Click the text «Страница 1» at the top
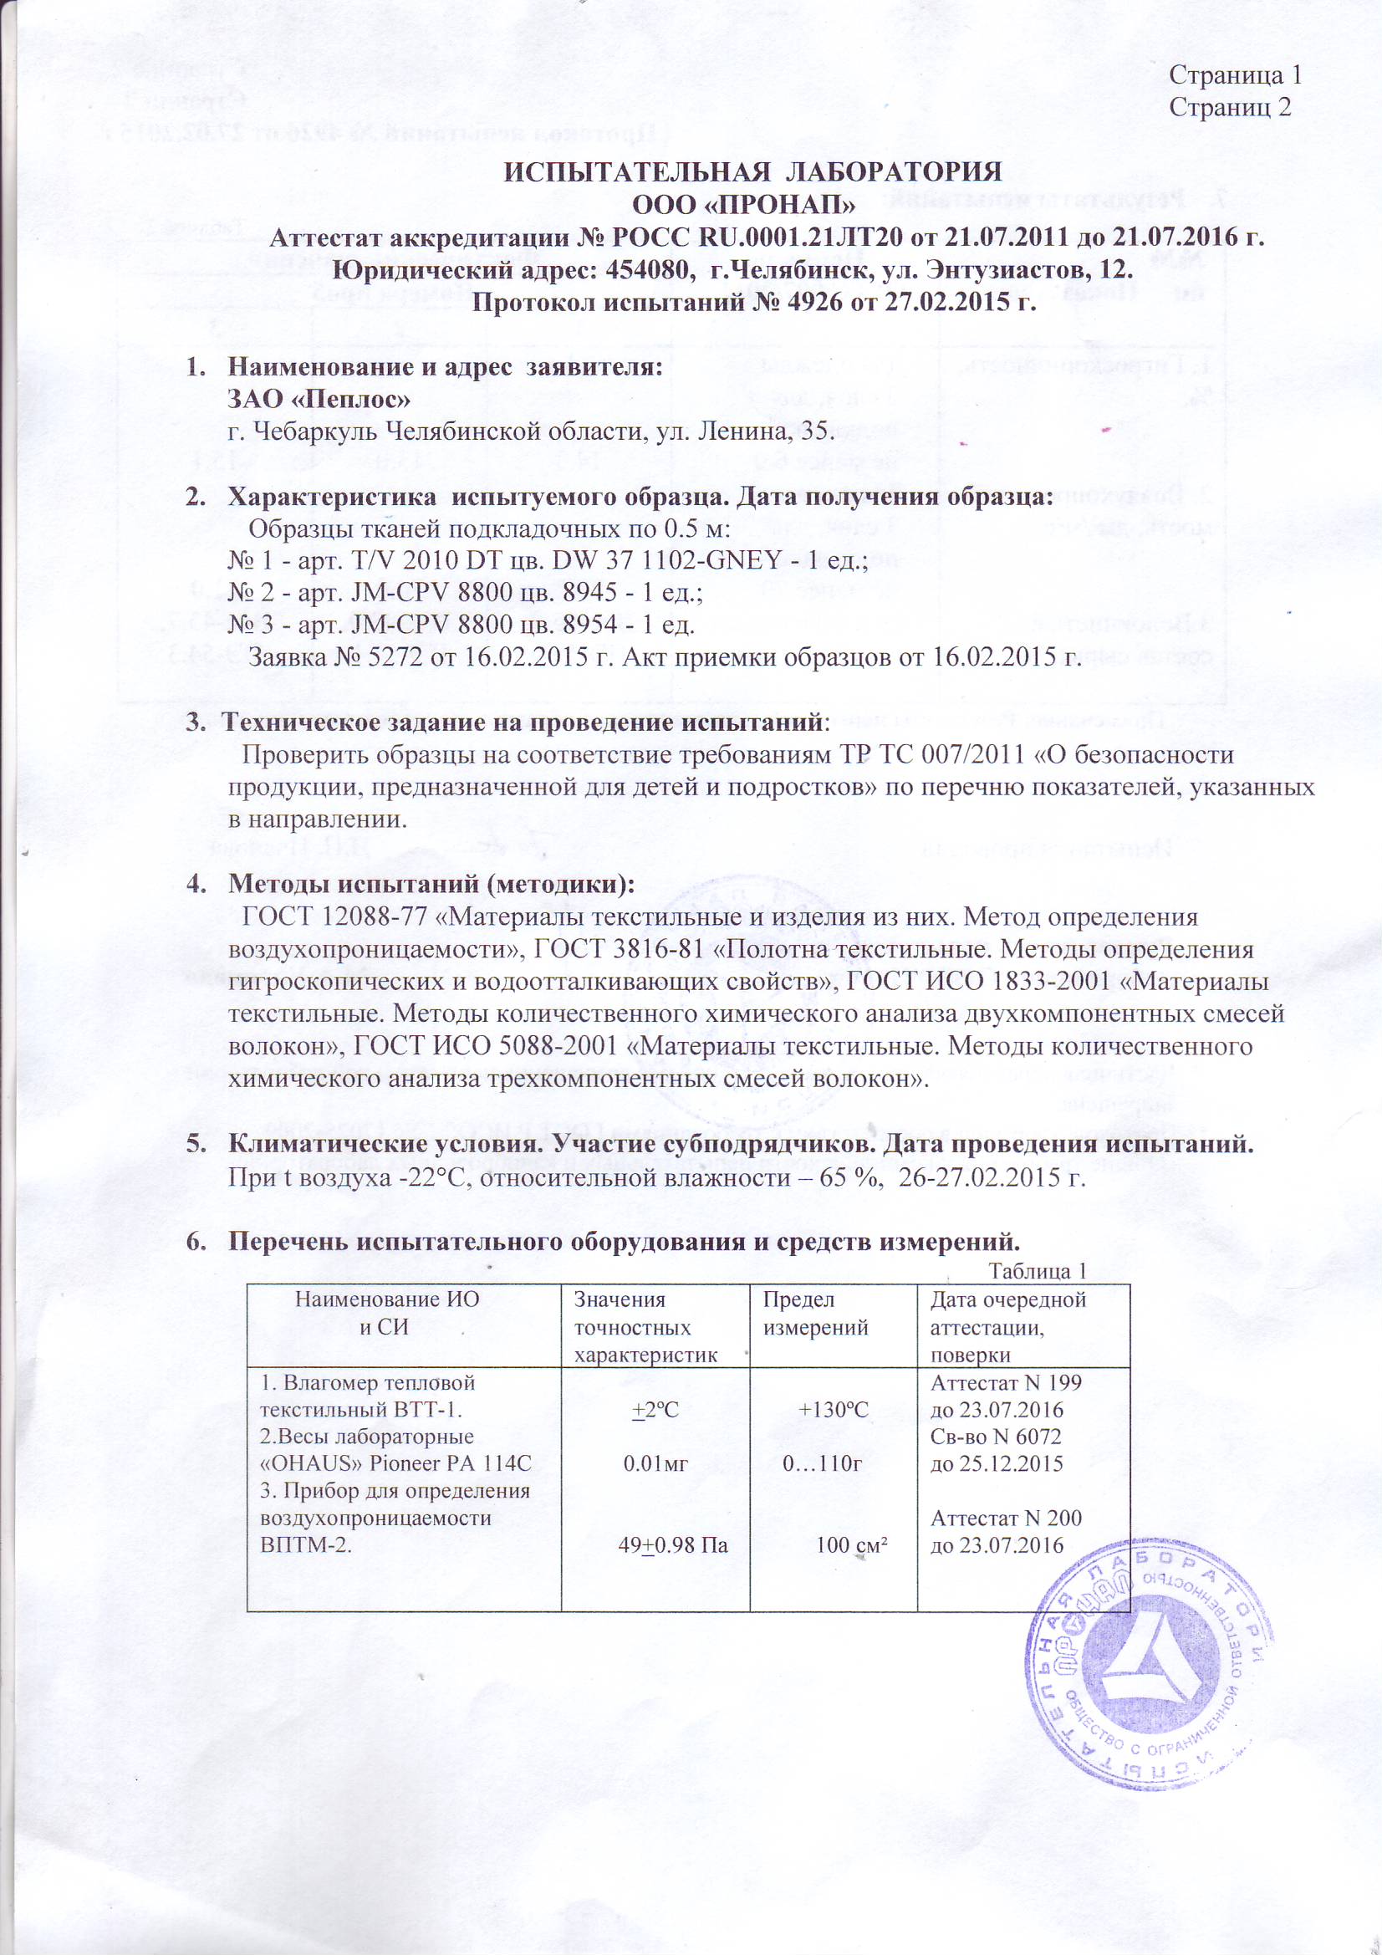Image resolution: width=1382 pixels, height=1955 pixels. pyautogui.click(x=1235, y=75)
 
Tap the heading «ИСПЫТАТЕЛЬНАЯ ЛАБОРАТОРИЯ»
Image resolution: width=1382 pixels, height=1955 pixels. pyautogui.click(x=753, y=171)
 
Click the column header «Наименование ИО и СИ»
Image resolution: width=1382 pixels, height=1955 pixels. pyautogui.click(x=386, y=1314)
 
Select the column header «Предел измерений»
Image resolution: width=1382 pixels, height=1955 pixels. pyautogui.click(x=815, y=1314)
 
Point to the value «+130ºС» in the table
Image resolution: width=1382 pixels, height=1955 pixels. pyautogui.click(x=833, y=1410)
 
